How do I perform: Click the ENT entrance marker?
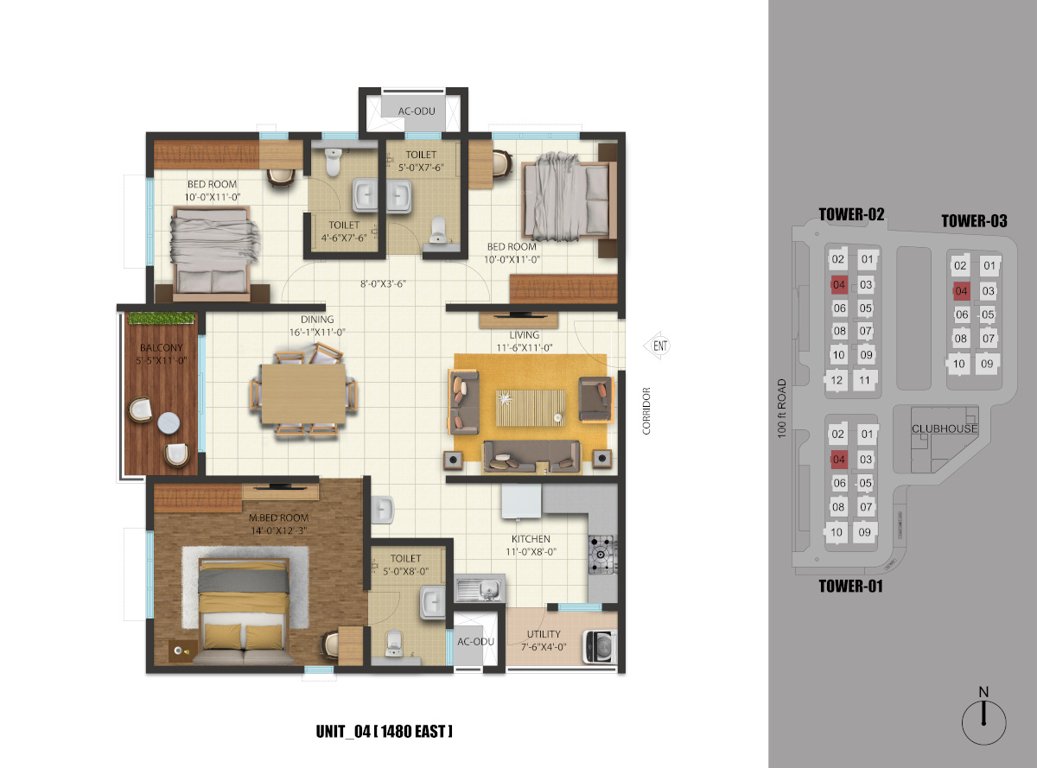[659, 346]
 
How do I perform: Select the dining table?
[304, 391]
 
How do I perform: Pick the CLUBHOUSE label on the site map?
[943, 429]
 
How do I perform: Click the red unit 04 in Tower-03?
[961, 291]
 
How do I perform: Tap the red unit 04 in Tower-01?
[839, 459]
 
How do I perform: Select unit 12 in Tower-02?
[839, 380]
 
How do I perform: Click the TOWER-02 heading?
[851, 214]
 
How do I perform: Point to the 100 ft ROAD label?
[783, 409]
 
